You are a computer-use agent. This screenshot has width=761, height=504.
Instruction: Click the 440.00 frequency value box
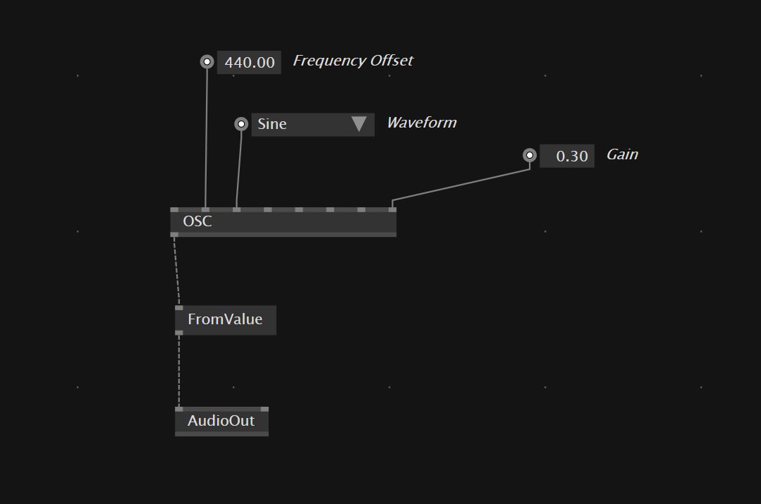tap(249, 63)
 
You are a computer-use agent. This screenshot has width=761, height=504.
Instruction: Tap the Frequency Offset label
tap(353, 61)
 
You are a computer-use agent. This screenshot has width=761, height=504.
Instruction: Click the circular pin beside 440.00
tap(207, 62)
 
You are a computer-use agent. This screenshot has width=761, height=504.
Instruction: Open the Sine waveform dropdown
tap(303, 124)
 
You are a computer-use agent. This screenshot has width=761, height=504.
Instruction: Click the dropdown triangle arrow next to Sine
tap(358, 124)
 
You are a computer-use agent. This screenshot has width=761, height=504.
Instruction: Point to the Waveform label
tap(421, 123)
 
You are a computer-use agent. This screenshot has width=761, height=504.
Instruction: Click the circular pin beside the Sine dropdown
tap(241, 124)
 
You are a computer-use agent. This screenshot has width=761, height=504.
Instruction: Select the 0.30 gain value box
tap(567, 156)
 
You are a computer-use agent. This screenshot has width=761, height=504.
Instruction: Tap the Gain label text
tap(622, 154)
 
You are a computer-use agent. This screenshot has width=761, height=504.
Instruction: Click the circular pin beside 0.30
tap(530, 155)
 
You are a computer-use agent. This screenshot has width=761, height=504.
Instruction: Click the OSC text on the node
tap(197, 221)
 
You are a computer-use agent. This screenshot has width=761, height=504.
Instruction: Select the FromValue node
tap(225, 320)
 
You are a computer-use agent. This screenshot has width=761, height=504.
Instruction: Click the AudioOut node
tap(221, 422)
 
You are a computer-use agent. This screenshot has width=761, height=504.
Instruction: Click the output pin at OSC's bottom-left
tap(174, 234)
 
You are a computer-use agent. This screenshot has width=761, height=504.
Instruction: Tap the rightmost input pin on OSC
tap(392, 209)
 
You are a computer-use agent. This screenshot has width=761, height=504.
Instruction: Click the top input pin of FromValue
tap(179, 308)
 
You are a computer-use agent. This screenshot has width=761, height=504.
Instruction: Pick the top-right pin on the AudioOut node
tap(264, 409)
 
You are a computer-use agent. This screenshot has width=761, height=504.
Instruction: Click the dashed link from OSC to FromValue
tap(176, 271)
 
